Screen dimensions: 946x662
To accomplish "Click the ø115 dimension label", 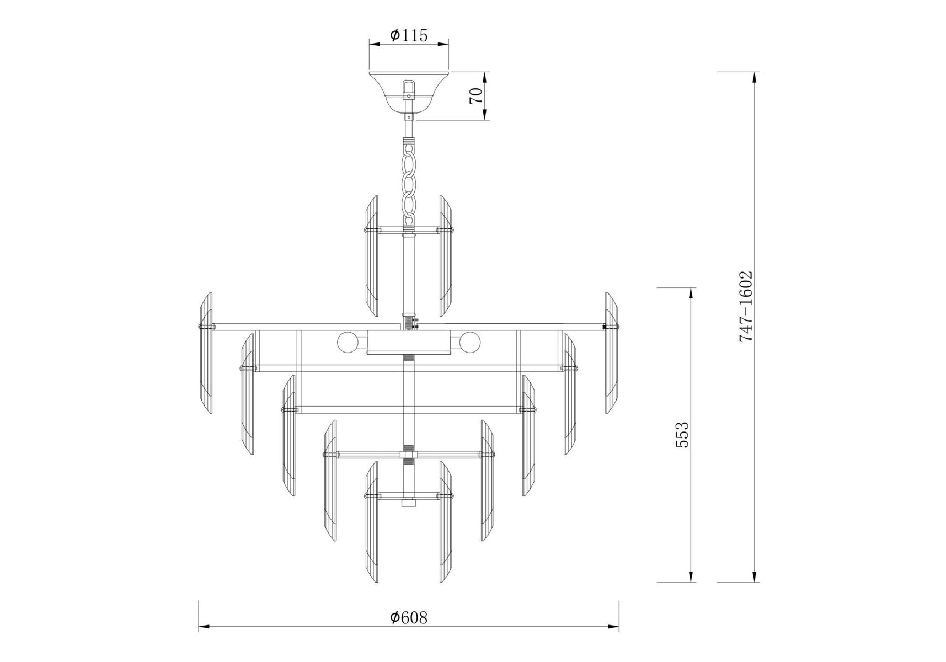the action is [x=409, y=35].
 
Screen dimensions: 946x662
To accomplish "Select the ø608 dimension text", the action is [x=409, y=617].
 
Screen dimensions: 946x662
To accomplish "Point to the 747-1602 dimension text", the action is [x=746, y=306].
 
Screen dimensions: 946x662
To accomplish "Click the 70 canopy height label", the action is [x=476, y=95].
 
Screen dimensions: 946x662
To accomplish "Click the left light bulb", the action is [x=349, y=343].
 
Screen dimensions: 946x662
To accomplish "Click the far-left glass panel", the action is [x=205, y=353].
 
